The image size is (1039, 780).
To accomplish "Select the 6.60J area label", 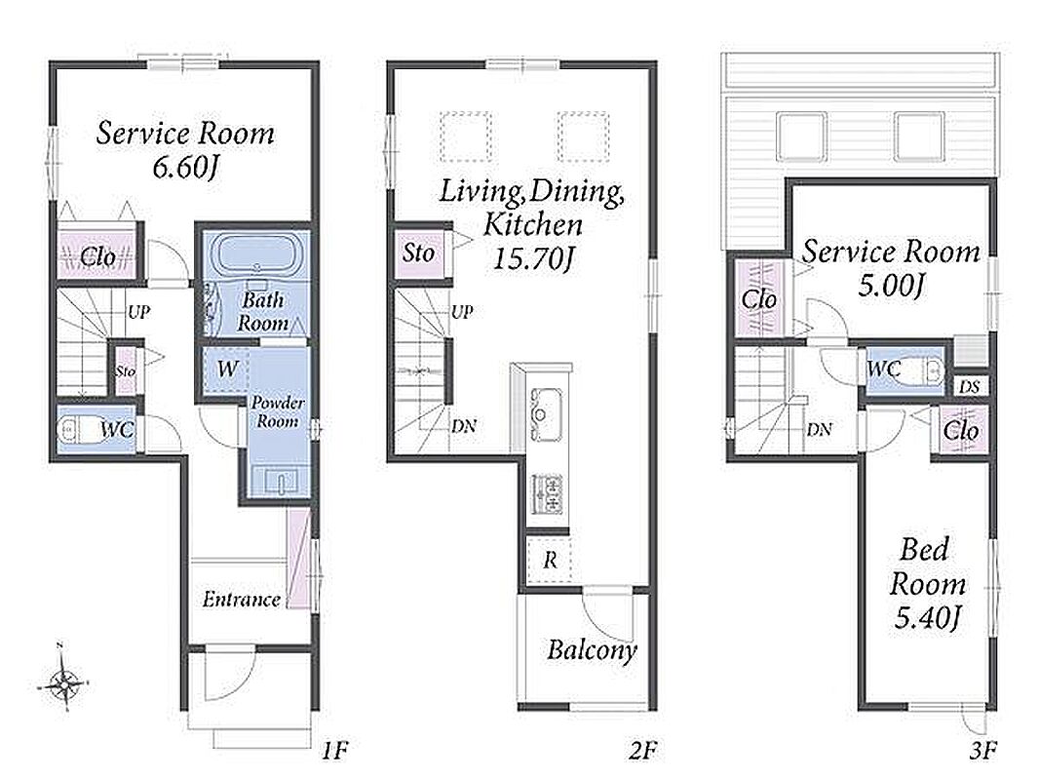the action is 184,167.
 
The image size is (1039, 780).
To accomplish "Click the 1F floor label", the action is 334,751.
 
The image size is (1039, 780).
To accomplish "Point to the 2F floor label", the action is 642,751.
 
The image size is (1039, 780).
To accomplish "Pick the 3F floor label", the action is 982,751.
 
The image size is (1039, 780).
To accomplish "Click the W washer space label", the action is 227,369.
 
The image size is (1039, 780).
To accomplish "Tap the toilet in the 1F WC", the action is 75,430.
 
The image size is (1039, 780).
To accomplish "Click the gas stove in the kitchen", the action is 548,493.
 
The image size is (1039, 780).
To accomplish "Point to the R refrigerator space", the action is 550,561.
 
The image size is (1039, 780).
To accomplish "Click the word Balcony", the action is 592,650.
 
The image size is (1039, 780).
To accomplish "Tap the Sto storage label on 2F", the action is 419,253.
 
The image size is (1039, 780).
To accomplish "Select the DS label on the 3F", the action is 969,386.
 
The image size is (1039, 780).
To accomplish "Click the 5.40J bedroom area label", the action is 927,618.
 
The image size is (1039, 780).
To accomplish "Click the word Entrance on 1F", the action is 241,600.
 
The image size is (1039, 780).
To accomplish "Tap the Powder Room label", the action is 278,411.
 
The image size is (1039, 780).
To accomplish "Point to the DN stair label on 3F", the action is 819,429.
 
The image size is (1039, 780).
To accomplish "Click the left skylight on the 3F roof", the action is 801,136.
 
